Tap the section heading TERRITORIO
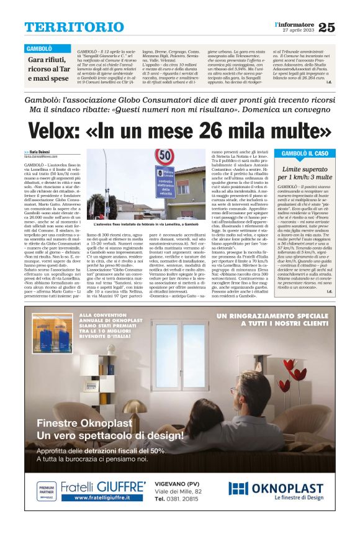[65, 27]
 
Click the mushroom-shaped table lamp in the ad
[133, 409]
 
